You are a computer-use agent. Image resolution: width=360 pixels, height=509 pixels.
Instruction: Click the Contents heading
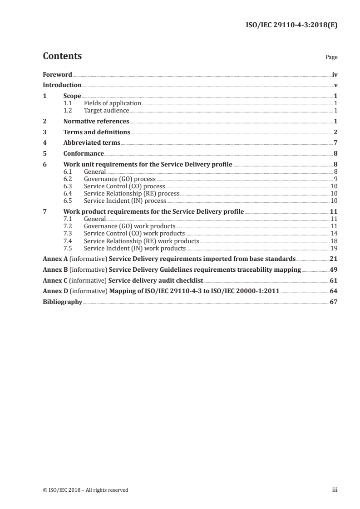62,56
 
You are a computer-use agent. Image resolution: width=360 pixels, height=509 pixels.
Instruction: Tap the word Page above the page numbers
331,58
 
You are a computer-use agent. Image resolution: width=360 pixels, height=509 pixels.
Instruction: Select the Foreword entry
57,74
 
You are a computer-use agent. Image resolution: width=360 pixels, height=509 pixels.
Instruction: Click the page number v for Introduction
335,85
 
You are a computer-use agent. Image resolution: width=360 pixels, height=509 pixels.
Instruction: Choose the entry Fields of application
113,103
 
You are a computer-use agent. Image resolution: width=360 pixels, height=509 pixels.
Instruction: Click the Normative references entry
96,121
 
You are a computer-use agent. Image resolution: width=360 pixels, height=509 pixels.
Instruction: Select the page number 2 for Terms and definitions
335,132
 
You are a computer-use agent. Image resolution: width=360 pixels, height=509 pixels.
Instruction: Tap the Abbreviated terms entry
92,142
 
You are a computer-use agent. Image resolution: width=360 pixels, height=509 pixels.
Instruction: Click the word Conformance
84,153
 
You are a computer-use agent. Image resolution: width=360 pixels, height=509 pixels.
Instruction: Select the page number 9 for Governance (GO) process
335,179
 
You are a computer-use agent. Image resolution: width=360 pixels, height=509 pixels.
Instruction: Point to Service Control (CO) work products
134,234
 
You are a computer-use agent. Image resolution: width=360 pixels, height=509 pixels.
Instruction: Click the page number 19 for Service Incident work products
334,248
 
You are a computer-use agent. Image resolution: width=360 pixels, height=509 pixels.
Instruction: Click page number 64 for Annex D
333,291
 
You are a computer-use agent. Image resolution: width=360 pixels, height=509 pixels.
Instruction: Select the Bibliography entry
62,302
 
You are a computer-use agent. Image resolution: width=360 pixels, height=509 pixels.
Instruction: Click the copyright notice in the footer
86,490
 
